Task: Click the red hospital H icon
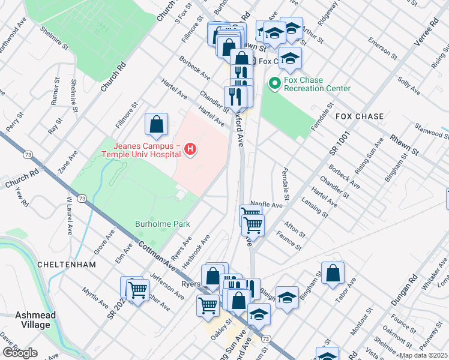click(x=190, y=149)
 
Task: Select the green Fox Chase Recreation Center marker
click(x=276, y=83)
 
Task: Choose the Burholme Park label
click(x=161, y=224)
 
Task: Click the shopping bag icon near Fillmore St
click(x=156, y=125)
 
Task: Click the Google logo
click(x=20, y=353)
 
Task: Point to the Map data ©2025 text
click(x=423, y=355)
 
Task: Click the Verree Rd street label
click(x=424, y=38)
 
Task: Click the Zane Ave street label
click(x=68, y=163)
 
